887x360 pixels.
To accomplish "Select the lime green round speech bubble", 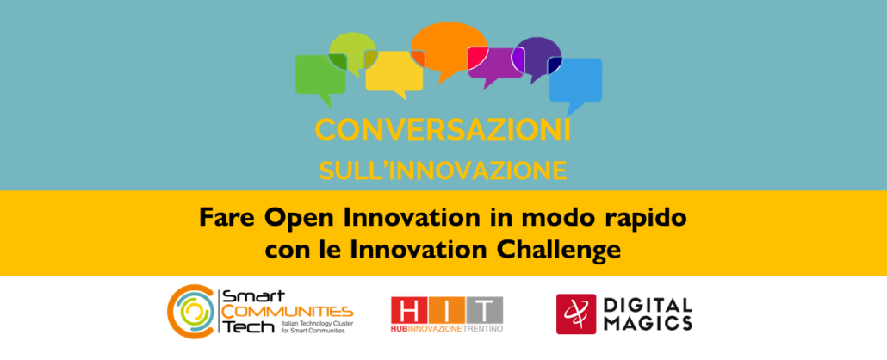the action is click(352, 50).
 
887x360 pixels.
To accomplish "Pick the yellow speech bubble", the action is click(394, 71).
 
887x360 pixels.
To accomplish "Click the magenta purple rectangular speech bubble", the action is click(495, 64).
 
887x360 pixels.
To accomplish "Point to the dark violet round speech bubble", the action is click(538, 55).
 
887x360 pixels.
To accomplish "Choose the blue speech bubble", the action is click(575, 80).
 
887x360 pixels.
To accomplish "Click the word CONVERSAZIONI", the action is click(443, 131).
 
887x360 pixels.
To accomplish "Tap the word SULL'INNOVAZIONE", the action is click(443, 171).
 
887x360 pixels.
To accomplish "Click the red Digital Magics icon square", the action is click(576, 313).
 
